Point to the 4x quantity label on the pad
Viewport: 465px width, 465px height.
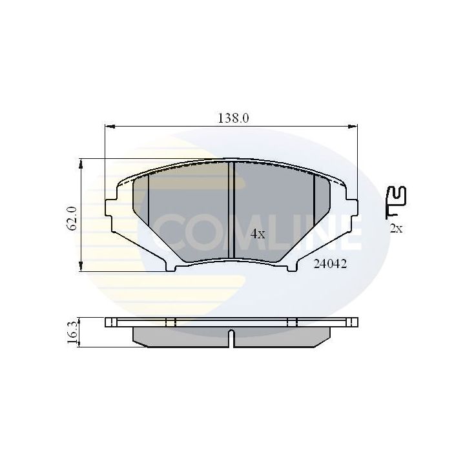click(257, 234)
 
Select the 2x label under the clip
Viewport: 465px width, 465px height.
click(396, 227)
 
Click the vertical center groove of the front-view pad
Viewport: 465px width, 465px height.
click(231, 209)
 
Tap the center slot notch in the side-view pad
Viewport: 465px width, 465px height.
click(231, 334)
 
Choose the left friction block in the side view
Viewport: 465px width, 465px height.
click(181, 335)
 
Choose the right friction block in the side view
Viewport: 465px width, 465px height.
click(281, 335)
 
